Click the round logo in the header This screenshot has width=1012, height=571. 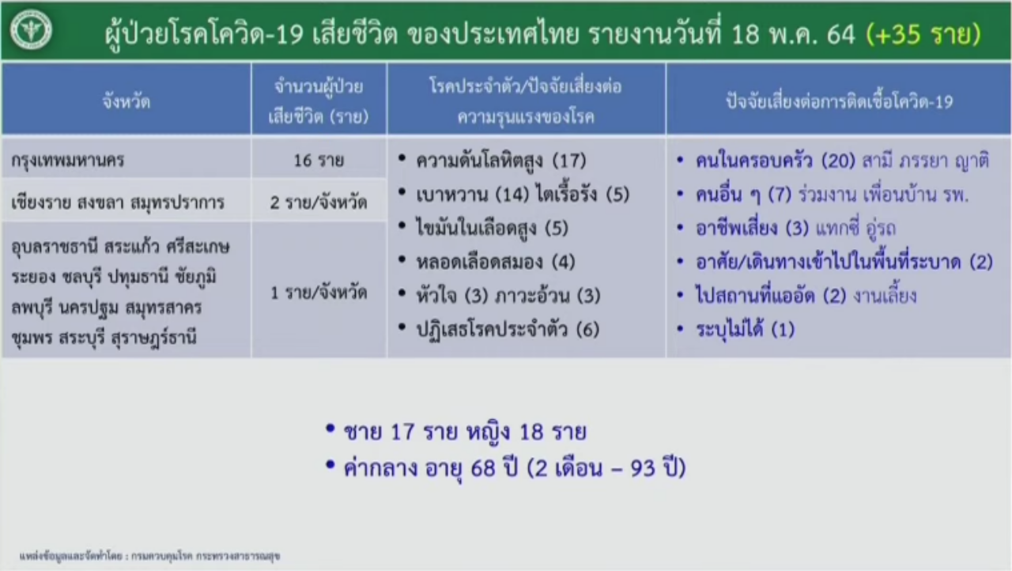[x=31, y=30]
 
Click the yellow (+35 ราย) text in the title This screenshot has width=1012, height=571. [x=923, y=33]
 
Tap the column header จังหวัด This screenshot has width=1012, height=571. [x=126, y=101]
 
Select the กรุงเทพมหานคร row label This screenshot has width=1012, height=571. [x=68, y=160]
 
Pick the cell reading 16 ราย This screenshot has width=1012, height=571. [x=319, y=160]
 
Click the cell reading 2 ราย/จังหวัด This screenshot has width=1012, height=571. [x=319, y=202]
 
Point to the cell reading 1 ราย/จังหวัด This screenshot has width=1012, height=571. [x=319, y=293]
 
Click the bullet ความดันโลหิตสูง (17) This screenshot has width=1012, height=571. [x=501, y=161]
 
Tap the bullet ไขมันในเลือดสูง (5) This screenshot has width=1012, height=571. [x=492, y=228]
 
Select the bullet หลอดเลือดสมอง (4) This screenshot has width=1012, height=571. [x=496, y=262]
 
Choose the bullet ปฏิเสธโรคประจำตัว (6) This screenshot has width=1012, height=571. [x=508, y=329]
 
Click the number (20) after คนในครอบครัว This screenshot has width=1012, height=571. [x=839, y=161]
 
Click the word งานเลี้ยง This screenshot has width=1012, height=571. [x=885, y=297]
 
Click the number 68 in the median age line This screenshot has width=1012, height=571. [x=483, y=468]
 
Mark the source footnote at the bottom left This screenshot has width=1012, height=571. [x=150, y=556]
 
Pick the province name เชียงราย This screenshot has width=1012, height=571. [x=40, y=202]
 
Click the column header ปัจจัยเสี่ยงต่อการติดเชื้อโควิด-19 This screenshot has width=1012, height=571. [x=840, y=102]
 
